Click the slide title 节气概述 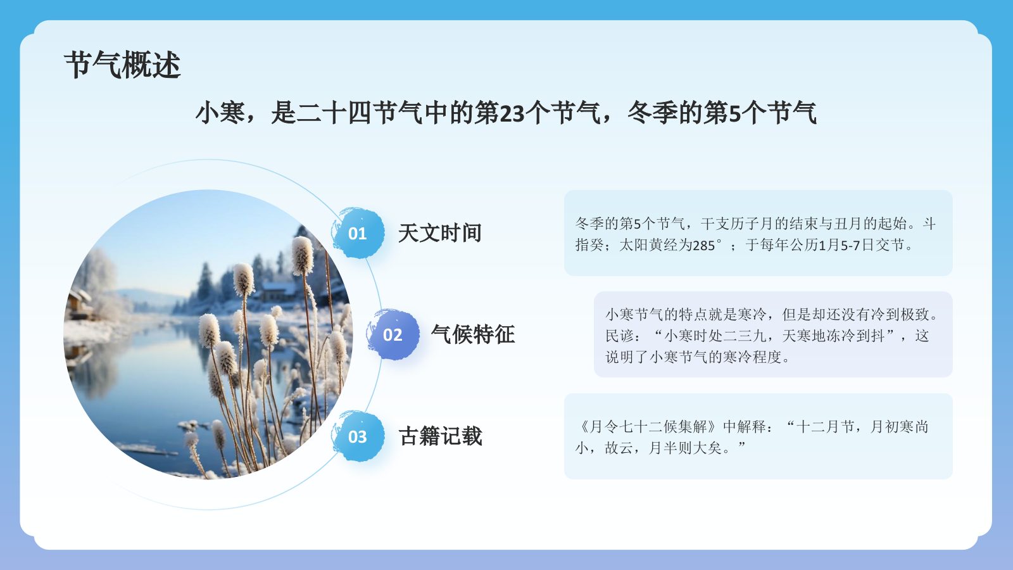pyautogui.click(x=122, y=65)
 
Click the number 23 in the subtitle pyautogui.click(x=512, y=114)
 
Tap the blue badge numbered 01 pyautogui.click(x=358, y=234)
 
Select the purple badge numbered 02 pyautogui.click(x=393, y=335)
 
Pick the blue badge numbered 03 pyautogui.click(x=358, y=437)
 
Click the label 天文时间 pyautogui.click(x=440, y=233)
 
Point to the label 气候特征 pyautogui.click(x=473, y=334)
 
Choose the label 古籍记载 pyautogui.click(x=440, y=436)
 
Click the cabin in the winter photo pyautogui.click(x=279, y=291)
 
